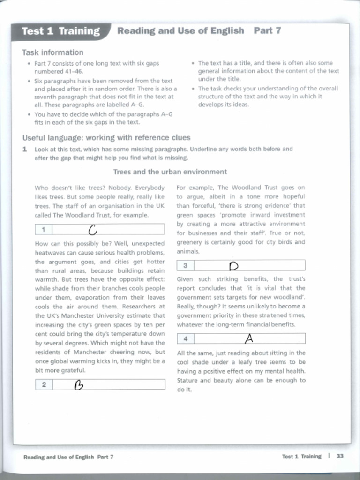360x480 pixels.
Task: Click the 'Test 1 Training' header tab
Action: coord(61,31)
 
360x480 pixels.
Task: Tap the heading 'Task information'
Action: coord(52,52)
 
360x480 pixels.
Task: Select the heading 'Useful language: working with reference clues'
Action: coord(106,138)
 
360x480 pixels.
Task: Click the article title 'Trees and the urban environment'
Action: coord(170,172)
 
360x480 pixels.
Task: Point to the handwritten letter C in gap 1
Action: coord(93,230)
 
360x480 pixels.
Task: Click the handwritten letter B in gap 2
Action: coord(79,385)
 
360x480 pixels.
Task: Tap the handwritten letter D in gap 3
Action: coord(234,266)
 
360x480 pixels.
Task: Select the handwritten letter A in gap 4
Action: coord(249,338)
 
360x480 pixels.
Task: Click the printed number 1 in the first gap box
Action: coord(43,230)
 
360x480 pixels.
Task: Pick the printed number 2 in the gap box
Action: coord(44,385)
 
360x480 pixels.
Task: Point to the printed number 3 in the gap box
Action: coord(185,266)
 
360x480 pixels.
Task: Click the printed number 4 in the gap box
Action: coord(186,338)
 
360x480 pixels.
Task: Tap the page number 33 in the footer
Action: coord(340,456)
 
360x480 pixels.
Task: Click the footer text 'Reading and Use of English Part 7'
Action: coord(68,457)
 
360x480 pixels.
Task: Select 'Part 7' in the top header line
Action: coord(267,31)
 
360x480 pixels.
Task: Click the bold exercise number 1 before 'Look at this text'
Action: coord(24,149)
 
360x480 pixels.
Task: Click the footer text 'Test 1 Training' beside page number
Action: coord(301,456)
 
